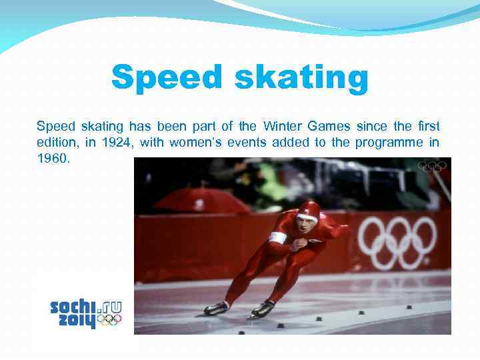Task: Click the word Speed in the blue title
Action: point(169,78)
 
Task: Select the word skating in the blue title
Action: point(301,78)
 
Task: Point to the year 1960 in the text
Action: point(53,159)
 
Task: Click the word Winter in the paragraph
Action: point(283,126)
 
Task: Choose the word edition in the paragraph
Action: point(58,142)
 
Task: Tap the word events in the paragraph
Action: point(251,142)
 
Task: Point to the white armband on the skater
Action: point(278,237)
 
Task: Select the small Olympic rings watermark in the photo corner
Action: point(432,166)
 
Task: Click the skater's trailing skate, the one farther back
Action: point(216,309)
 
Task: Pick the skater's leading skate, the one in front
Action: point(263,309)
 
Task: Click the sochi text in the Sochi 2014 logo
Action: point(73,307)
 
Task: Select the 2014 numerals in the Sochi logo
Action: point(73,321)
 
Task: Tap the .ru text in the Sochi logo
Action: point(110,306)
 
